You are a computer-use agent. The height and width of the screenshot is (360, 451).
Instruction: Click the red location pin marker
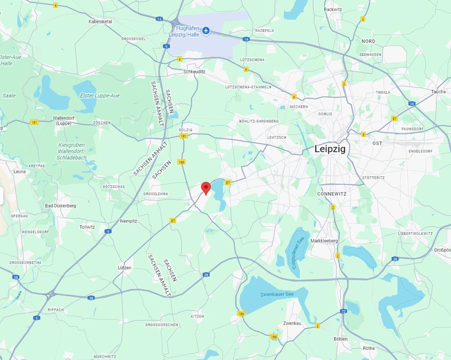point(206,188)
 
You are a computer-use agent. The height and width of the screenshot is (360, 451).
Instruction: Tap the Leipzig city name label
point(330,149)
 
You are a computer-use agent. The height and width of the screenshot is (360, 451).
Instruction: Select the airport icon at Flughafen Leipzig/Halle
point(206,31)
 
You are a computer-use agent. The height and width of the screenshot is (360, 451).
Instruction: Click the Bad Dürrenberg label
point(61,206)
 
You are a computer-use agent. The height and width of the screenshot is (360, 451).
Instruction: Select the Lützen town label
point(124,268)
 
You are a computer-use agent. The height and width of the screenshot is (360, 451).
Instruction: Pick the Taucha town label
point(438,92)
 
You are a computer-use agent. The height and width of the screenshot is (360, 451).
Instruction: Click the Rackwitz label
point(333,9)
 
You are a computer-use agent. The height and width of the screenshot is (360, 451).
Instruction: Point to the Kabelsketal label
point(100,22)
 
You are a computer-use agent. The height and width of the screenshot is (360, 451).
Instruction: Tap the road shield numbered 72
point(343,311)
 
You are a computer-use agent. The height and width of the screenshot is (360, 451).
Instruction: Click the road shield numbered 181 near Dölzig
point(183,136)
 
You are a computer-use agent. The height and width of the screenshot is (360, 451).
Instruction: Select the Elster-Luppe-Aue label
point(100,96)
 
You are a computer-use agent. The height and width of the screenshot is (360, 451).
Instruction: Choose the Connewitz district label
point(332,193)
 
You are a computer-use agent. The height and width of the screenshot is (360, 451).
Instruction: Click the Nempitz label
point(128,221)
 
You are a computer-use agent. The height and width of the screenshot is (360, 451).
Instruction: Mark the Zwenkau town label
point(292,324)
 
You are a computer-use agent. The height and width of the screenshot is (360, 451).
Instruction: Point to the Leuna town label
point(20,172)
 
